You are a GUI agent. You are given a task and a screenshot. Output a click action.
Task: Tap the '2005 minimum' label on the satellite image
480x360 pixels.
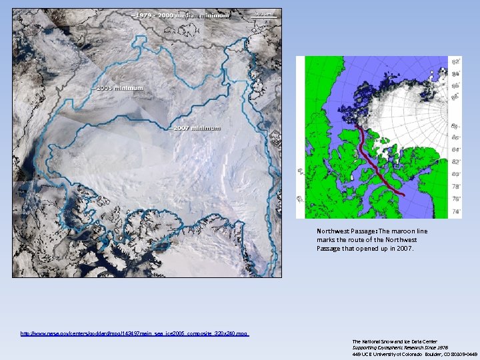coord(119,87)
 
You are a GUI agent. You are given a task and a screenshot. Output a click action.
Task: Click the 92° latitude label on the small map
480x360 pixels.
coord(456,61)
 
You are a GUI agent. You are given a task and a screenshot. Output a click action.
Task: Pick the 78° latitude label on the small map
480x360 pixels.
coord(456,187)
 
